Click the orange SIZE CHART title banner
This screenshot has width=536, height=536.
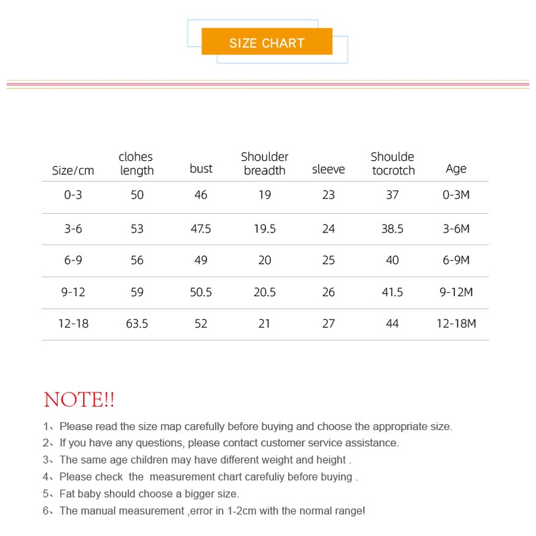[x=267, y=42]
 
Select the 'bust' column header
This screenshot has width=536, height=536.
[x=201, y=169]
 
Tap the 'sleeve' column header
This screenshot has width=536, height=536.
[x=328, y=170]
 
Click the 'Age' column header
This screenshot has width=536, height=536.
[x=456, y=169]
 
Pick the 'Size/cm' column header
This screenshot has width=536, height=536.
[x=73, y=170]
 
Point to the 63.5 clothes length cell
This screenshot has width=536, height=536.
[x=137, y=324]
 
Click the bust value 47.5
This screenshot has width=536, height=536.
[x=201, y=228]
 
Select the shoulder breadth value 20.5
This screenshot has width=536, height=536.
[x=265, y=292]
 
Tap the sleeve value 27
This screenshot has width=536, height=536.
[x=328, y=324]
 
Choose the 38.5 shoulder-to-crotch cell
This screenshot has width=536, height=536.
[x=393, y=228]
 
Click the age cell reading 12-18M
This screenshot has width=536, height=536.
[x=456, y=324]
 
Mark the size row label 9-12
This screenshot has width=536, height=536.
[x=73, y=292]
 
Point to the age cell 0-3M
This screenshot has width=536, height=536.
[x=456, y=195]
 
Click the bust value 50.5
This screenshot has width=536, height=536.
[x=201, y=292]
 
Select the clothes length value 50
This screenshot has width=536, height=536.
[x=137, y=195]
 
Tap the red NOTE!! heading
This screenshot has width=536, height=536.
[x=79, y=400]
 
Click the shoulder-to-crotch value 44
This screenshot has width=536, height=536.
[x=393, y=324]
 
